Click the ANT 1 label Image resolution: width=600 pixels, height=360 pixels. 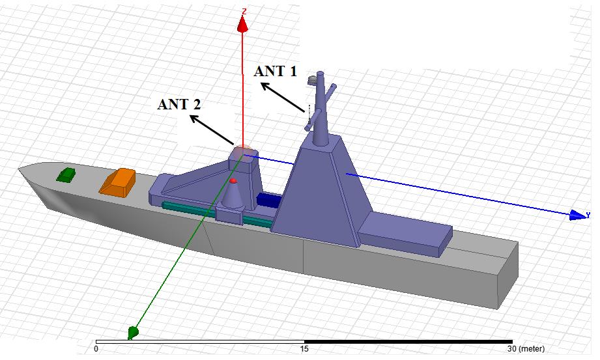click(x=276, y=72)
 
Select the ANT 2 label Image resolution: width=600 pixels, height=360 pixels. click(x=179, y=104)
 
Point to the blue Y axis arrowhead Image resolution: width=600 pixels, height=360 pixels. click(x=578, y=215)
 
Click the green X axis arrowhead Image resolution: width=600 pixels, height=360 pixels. click(x=132, y=332)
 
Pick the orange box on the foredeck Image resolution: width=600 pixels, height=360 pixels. click(x=117, y=182)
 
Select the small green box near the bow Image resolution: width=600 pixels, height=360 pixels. click(x=65, y=175)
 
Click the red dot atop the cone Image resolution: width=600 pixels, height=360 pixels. click(x=233, y=180)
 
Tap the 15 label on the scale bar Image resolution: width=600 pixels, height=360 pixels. click(x=304, y=349)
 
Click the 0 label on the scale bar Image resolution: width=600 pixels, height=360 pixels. click(x=96, y=349)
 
